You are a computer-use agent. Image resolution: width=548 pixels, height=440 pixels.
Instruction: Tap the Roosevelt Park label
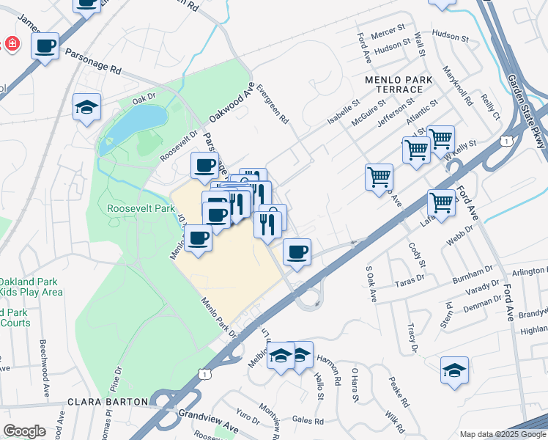141,208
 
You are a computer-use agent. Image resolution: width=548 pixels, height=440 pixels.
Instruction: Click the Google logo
24,430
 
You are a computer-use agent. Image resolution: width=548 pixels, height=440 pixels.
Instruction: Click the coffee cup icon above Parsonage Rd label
45,46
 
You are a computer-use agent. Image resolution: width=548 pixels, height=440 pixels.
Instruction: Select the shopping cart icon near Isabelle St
379,177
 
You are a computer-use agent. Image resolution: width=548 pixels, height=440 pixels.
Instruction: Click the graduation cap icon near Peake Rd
454,370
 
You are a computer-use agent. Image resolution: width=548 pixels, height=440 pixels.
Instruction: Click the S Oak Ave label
371,283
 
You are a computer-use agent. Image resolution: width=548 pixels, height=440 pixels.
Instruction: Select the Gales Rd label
308,421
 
